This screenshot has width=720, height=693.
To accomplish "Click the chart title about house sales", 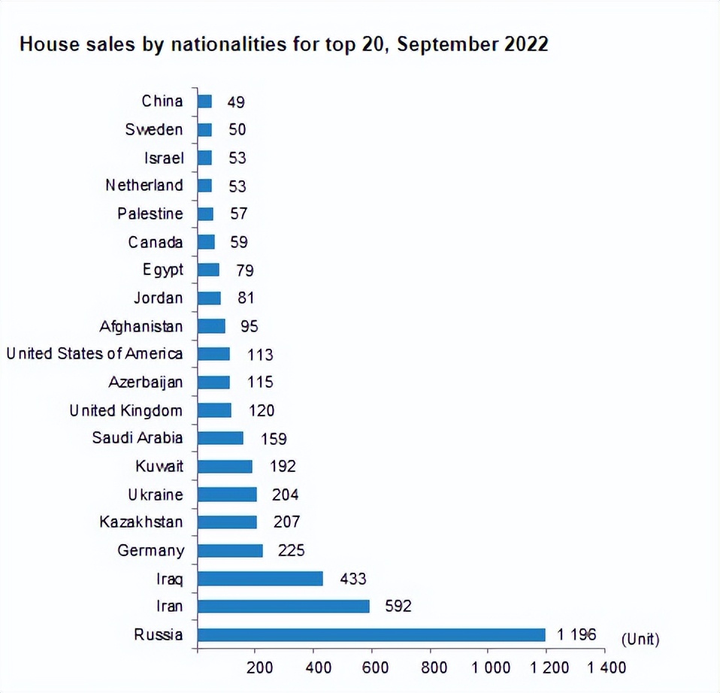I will [283, 44].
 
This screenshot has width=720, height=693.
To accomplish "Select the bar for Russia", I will [371, 635].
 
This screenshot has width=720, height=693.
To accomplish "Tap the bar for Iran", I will [283, 607].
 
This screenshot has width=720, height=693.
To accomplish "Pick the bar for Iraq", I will [260, 579].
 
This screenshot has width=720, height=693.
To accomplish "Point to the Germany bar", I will [230, 550].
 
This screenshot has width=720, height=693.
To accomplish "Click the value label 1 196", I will [576, 635].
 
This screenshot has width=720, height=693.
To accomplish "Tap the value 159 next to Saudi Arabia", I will [274, 438].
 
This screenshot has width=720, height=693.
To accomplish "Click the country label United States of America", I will [95, 353].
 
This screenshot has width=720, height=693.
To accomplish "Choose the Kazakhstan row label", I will [141, 522].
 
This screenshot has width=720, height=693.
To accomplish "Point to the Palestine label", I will [150, 213].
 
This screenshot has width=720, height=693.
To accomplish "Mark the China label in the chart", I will [162, 101].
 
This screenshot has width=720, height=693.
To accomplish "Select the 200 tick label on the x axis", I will [260, 667].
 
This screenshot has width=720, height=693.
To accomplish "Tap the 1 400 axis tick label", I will [606, 667].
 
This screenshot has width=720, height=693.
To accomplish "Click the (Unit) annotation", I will [640, 640].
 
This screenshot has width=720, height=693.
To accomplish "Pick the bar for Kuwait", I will [225, 466].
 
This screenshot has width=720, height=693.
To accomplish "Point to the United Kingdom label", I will [126, 410].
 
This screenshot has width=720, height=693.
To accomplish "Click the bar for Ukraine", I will [227, 494].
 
